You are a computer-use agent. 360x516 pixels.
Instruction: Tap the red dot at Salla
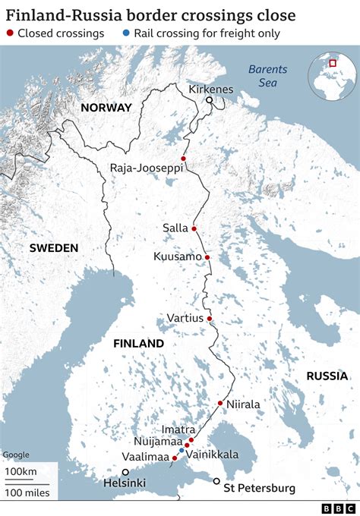click(x=194, y=228)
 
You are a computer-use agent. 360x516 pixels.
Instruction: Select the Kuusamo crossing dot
click(x=207, y=256)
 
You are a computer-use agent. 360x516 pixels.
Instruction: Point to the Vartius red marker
click(x=210, y=318)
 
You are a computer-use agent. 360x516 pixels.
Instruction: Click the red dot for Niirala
click(x=220, y=403)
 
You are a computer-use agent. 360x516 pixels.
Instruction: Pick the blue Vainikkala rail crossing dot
click(x=182, y=451)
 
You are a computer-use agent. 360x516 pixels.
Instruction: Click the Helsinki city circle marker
click(x=125, y=472)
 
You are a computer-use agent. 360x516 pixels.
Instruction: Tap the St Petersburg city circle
click(x=216, y=481)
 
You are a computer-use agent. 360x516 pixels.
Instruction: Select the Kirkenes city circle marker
click(x=209, y=99)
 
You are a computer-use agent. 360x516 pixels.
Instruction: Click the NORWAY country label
click(x=106, y=108)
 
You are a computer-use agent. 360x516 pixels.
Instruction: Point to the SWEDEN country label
click(x=54, y=248)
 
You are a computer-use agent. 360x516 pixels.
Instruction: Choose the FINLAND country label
click(x=138, y=343)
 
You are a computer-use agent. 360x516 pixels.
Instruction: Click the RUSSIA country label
click(x=327, y=376)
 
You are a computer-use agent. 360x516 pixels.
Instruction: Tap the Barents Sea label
click(x=268, y=76)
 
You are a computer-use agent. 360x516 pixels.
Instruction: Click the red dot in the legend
click(x=10, y=33)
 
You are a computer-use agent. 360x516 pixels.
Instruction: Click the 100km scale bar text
click(x=22, y=472)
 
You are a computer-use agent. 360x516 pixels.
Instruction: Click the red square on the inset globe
click(x=333, y=63)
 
